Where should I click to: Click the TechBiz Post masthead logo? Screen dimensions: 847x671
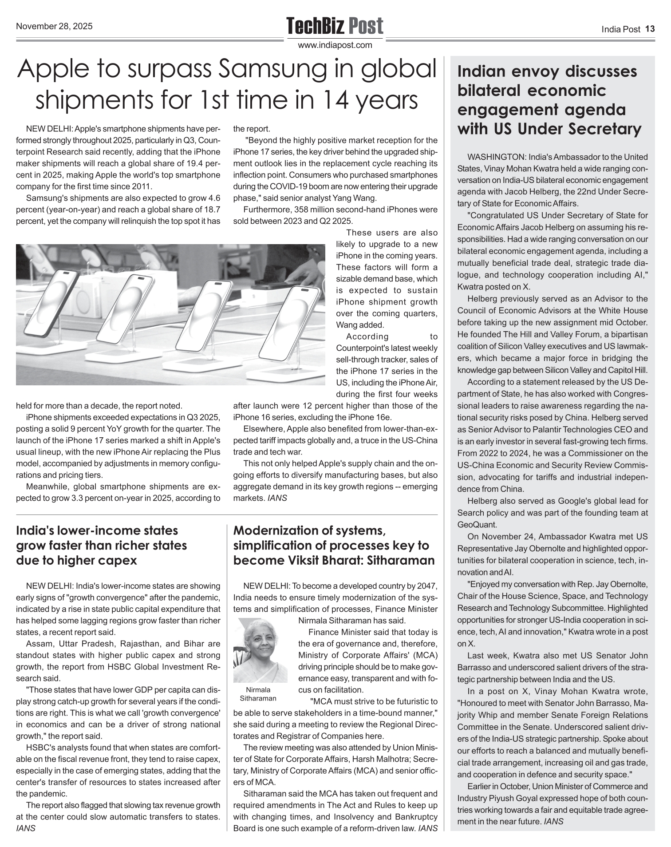pyautogui.click(x=335, y=26)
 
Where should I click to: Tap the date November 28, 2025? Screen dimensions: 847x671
pyautogui.click(x=54, y=26)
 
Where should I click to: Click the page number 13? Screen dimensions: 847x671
pyautogui.click(x=650, y=29)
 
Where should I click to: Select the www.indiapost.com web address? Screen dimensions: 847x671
pyautogui.click(x=335, y=45)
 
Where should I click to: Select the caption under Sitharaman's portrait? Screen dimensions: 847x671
pyautogui.click(x=258, y=694)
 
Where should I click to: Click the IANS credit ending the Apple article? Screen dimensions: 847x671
pyautogui.click(x=277, y=498)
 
